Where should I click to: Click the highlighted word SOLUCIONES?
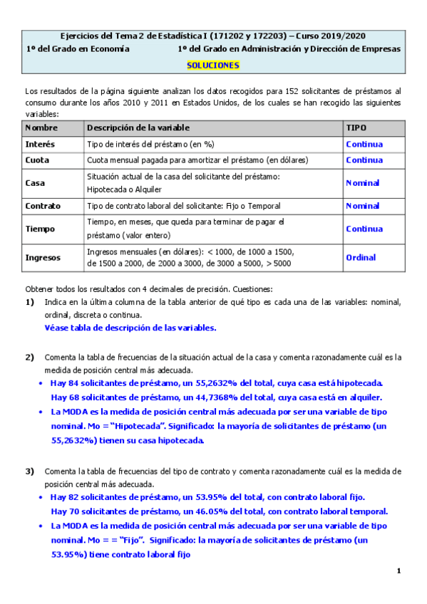(x=213, y=65)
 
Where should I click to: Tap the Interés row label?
(x=40, y=144)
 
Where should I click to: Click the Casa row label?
(x=35, y=183)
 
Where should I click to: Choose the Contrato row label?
(x=43, y=206)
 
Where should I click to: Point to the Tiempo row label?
(x=40, y=229)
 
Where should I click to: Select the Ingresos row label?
(x=43, y=258)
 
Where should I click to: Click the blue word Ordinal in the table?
(x=361, y=258)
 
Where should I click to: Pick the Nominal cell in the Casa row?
(x=362, y=183)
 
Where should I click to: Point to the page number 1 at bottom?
(x=399, y=571)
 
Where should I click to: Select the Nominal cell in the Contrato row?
(x=362, y=206)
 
